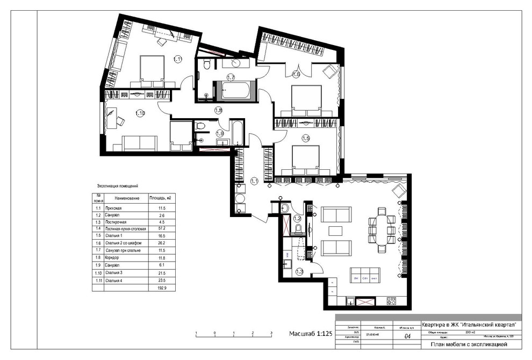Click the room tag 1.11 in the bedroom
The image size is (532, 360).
click(x=178, y=59)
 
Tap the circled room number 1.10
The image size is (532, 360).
click(x=140, y=113)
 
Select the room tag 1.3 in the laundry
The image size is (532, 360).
click(x=299, y=271)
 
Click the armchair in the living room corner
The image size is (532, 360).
click(x=398, y=190)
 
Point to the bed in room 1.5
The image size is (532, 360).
click(x=306, y=159)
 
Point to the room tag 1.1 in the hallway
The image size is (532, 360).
click(x=254, y=181)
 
